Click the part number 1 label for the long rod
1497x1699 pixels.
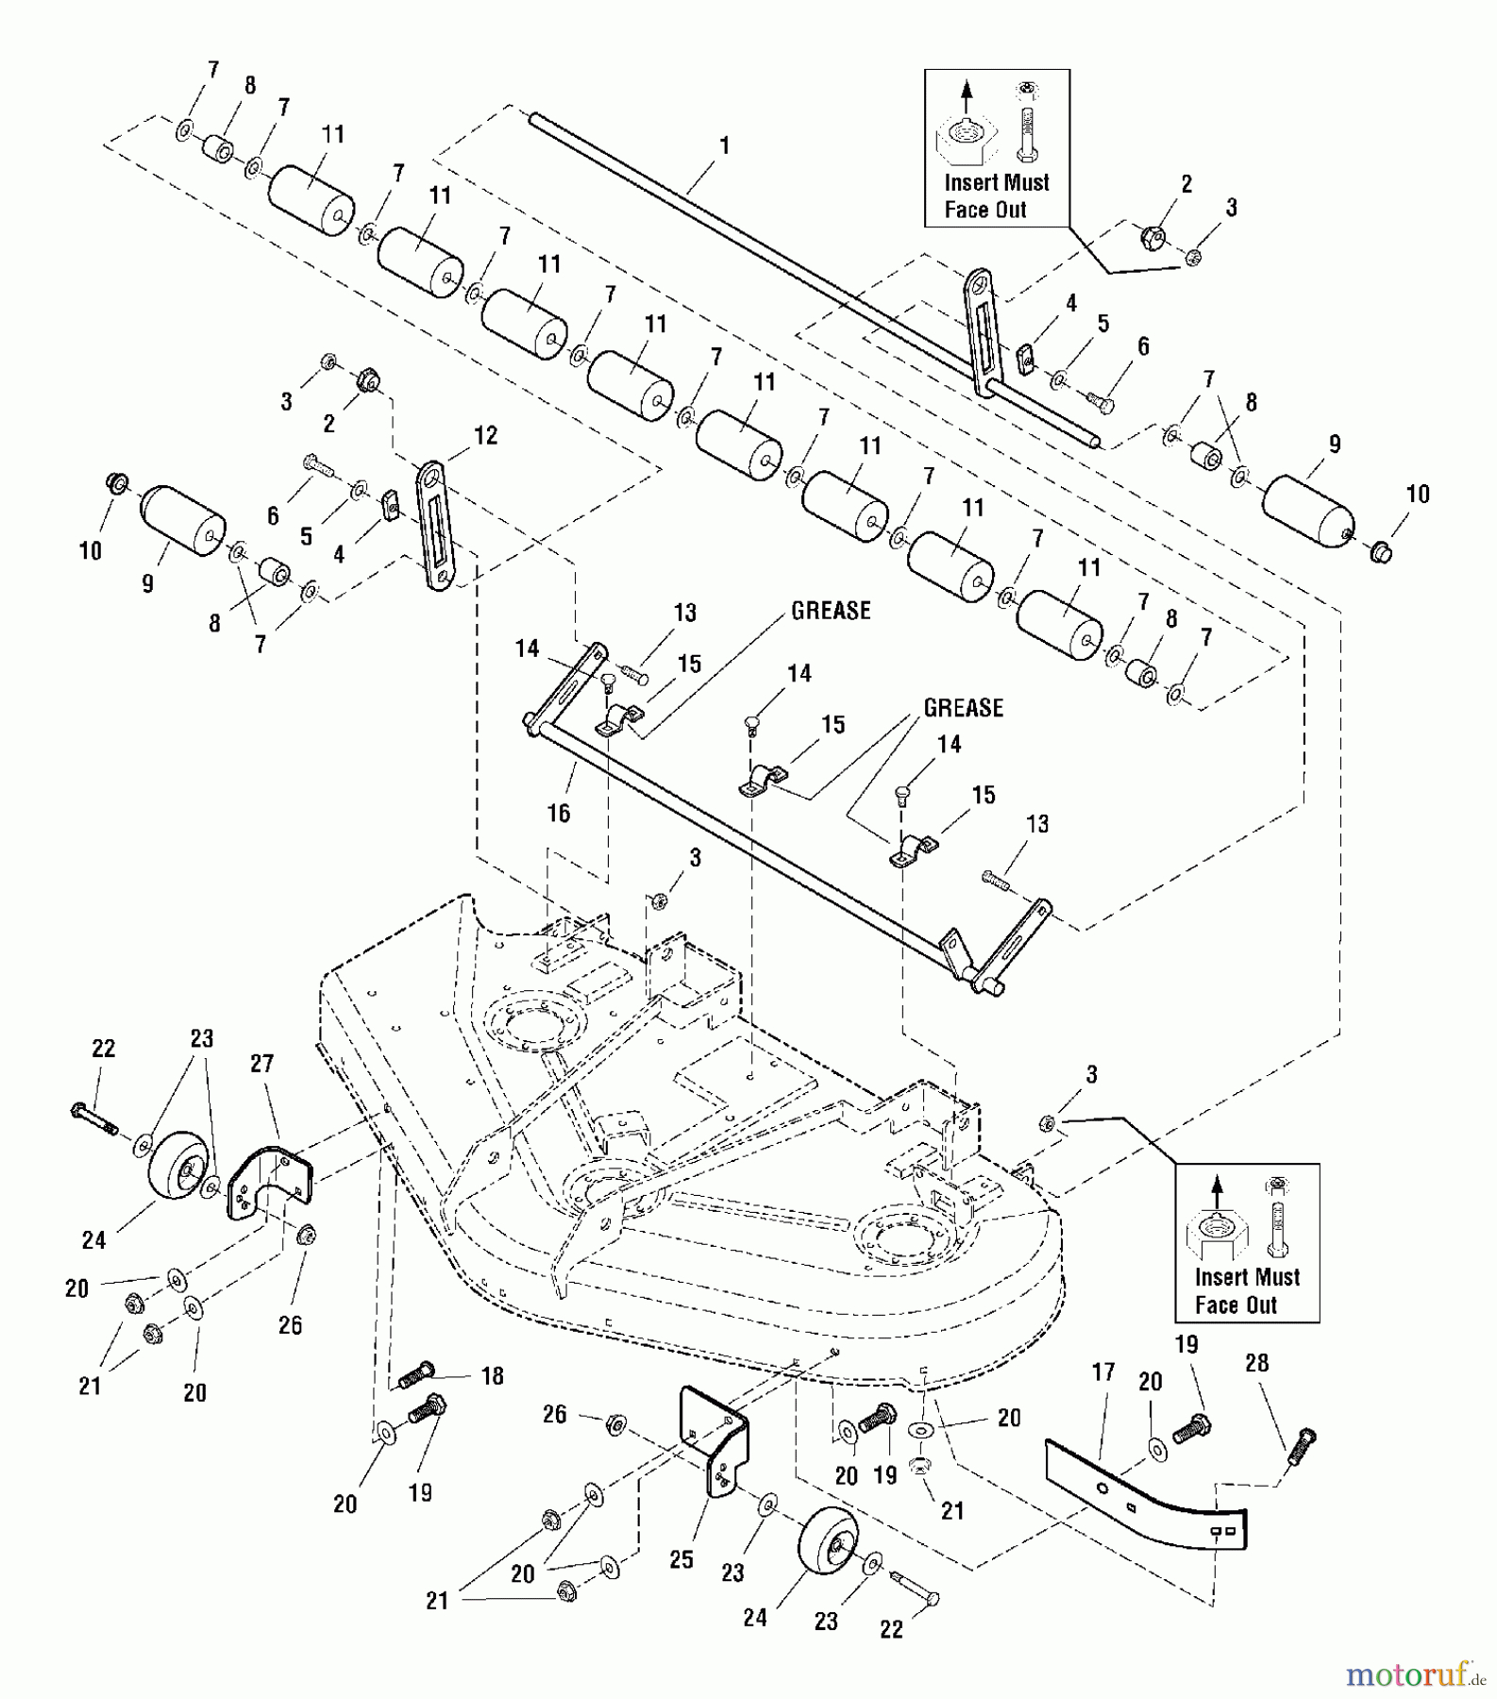[725, 146]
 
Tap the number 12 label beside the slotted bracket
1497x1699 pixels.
[485, 435]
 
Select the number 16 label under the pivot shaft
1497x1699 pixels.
[559, 813]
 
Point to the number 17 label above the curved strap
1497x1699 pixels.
[1103, 1371]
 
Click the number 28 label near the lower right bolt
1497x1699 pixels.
[1257, 1363]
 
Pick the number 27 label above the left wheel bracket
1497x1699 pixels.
[261, 1063]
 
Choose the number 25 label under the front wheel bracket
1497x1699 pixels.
[681, 1559]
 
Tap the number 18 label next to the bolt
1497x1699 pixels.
[492, 1375]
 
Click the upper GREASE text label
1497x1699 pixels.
[831, 611]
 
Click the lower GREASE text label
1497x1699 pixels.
[963, 708]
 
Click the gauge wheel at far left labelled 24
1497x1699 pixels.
[177, 1167]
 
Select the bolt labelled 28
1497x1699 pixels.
[1303, 1446]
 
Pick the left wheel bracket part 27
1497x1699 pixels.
[268, 1183]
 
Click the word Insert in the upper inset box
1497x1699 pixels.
[970, 182]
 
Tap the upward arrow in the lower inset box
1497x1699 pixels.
[1217, 1188]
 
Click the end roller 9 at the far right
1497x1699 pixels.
[1308, 511]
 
